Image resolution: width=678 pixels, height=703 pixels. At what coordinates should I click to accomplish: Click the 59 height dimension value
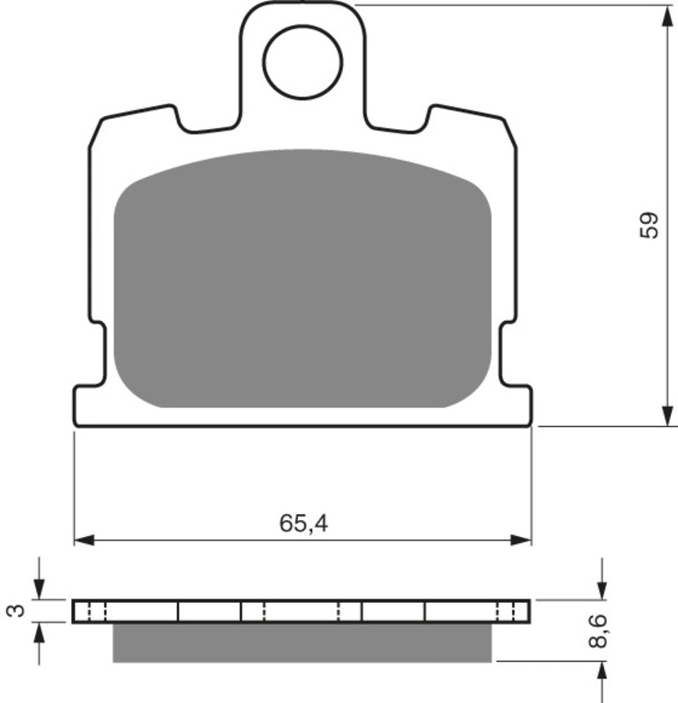[648, 226]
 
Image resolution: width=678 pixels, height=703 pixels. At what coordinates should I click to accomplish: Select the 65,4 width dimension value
[303, 524]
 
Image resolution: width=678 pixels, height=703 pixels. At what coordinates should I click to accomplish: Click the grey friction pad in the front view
[303, 279]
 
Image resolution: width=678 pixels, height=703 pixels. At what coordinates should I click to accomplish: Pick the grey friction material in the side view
[303, 642]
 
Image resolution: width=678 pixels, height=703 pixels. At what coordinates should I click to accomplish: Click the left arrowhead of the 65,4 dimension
[82, 539]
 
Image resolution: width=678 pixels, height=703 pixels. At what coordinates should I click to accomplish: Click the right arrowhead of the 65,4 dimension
[524, 539]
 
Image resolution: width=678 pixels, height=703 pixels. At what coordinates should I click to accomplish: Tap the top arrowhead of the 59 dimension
[661, 13]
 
